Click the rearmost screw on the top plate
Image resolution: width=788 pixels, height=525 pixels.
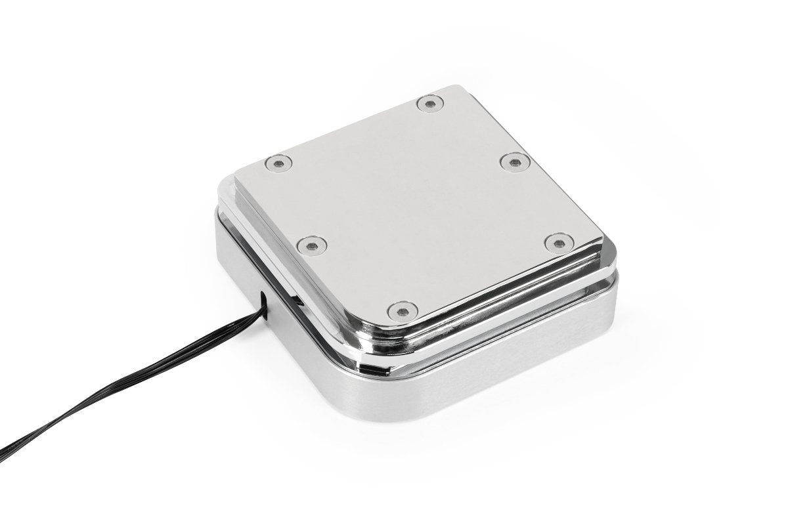coord(429,103)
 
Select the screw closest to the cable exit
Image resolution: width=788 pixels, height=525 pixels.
coord(307,245)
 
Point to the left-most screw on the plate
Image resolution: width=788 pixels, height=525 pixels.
coord(278,161)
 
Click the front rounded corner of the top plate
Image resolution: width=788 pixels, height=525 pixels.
coord(394,324)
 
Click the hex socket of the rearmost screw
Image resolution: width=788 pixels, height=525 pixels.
coord(429,103)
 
